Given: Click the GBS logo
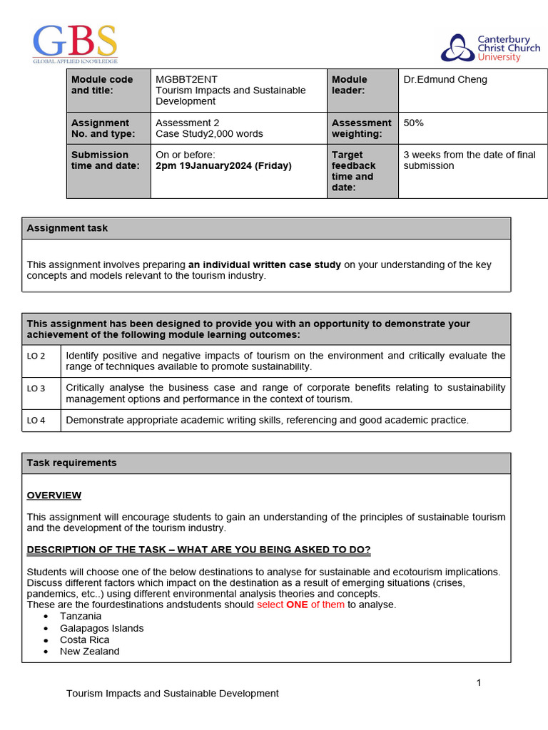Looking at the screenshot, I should point(75,43).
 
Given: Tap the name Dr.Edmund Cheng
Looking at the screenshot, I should point(445,79).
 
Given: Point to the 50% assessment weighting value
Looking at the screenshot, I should point(414,123).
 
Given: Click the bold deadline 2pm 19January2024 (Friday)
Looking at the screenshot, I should point(223,165).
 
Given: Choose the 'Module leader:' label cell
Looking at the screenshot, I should point(350,85).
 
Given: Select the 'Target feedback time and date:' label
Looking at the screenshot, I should point(354,171).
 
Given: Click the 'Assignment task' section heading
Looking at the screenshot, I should point(67,228).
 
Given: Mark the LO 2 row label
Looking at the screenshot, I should point(36,356).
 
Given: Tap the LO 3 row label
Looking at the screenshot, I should point(36,389).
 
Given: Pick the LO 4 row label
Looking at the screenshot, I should point(36,421).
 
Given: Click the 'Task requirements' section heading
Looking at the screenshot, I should point(71,463).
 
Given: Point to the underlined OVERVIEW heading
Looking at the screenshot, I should point(54,495).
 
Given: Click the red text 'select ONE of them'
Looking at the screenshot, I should point(300,605).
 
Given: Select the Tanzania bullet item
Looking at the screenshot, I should point(81,616).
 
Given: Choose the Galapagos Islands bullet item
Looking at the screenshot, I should point(101,628).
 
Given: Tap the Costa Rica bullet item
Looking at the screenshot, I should point(84,639).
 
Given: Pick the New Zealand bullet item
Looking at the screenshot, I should point(89,651).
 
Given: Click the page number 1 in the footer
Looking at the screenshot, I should point(479,682).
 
